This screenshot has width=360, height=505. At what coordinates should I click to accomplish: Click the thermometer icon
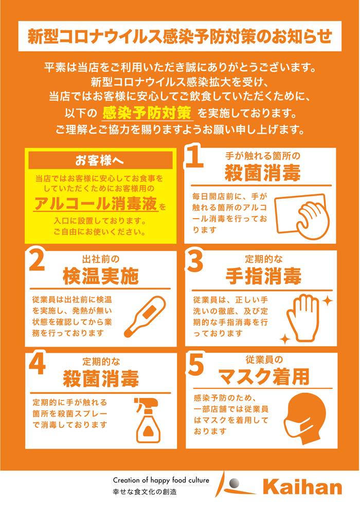145,317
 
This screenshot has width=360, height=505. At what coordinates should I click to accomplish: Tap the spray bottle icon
148,420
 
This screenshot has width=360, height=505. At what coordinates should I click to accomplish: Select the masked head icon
305,419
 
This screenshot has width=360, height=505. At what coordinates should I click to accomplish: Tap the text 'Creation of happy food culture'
161,480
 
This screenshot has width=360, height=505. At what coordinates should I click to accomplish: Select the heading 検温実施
101,277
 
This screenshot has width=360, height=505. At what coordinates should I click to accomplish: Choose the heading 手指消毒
263,277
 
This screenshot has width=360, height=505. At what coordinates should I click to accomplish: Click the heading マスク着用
264,377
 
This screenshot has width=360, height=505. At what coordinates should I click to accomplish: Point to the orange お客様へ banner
100,160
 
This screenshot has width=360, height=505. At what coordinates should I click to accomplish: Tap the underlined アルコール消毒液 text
96,204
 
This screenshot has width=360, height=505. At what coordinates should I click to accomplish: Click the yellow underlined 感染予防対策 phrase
147,113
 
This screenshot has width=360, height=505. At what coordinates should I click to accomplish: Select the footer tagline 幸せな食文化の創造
145,492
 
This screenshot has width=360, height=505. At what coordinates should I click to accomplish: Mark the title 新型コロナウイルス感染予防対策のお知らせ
179,36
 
